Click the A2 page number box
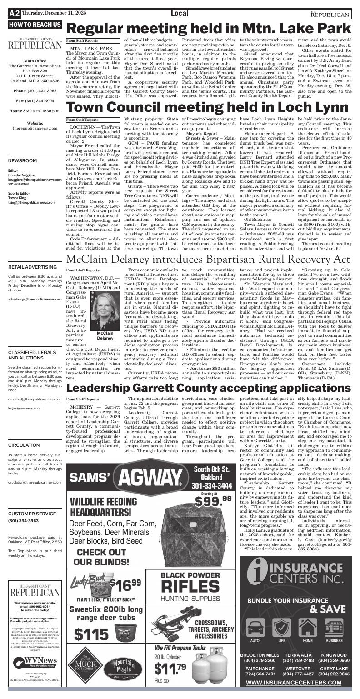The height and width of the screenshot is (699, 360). pyautogui.click(x=14, y=14)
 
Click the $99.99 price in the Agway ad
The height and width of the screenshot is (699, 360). pyautogui.click(x=213, y=501)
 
